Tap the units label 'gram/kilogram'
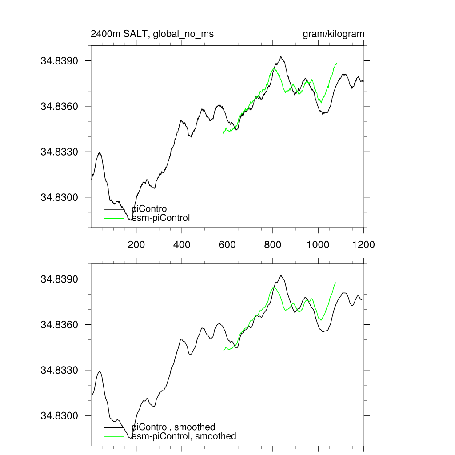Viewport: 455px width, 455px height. tap(333, 34)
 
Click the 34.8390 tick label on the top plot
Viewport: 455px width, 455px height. tap(60, 61)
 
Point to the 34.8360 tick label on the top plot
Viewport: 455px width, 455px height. tap(60, 106)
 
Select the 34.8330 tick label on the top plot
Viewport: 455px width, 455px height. tap(60, 152)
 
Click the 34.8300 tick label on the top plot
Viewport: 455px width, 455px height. tap(60, 197)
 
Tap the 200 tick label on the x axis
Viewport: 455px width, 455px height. tap(136, 244)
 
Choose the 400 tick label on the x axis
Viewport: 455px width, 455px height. tap(182, 244)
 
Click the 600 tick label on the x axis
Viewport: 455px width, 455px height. tap(227, 244)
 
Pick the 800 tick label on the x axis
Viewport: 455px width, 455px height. tap(273, 244)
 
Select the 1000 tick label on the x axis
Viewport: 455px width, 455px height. tap(318, 244)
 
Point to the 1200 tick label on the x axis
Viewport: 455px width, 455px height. tap(363, 244)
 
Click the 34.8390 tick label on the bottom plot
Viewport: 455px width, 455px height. tap(60, 279)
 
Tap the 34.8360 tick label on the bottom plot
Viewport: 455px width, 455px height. tap(60, 325)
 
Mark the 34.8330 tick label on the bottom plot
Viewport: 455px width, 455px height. tap(60, 370)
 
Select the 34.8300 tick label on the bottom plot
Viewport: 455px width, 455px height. tap(60, 416)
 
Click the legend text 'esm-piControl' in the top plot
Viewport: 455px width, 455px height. tap(161, 218)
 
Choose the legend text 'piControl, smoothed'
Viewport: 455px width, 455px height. tap(173, 427)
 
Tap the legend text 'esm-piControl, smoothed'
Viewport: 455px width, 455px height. tap(184, 436)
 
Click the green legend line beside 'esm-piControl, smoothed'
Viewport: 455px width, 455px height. tap(114, 437)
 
